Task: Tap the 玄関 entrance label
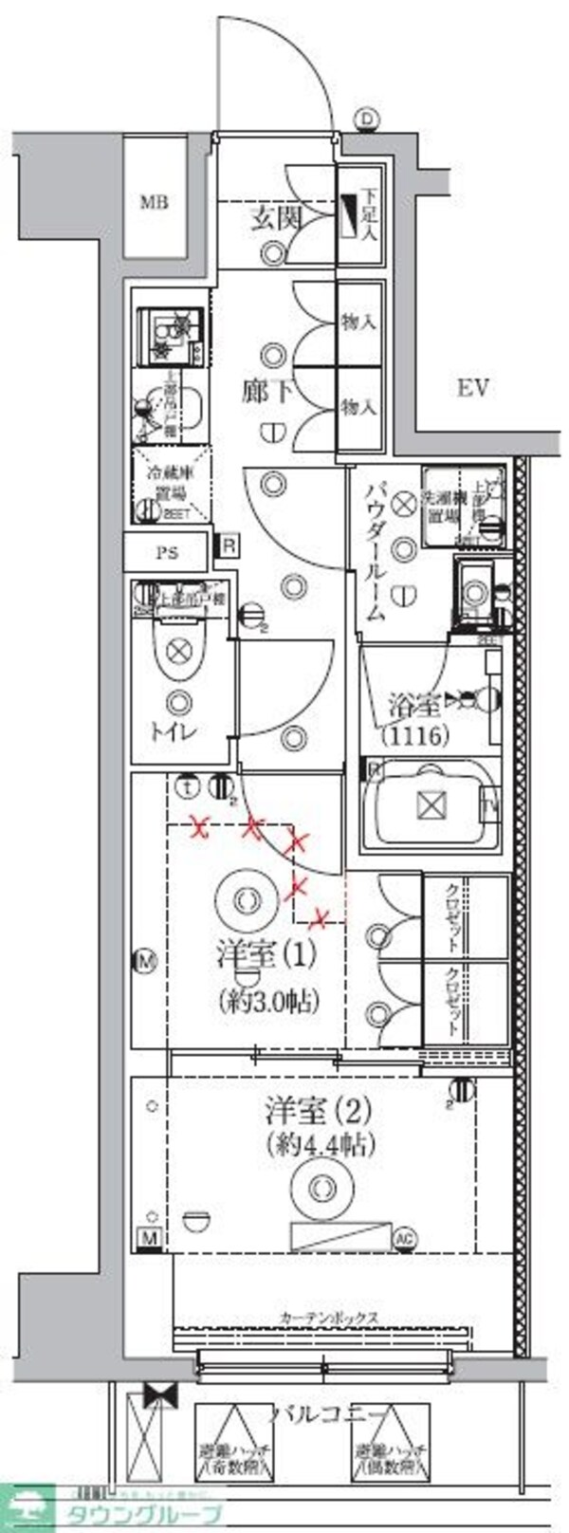pyautogui.click(x=275, y=219)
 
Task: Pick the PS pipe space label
pyautogui.click(x=167, y=553)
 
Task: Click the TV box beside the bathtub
pyautogui.click(x=490, y=807)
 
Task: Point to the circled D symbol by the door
pyautogui.click(x=367, y=119)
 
